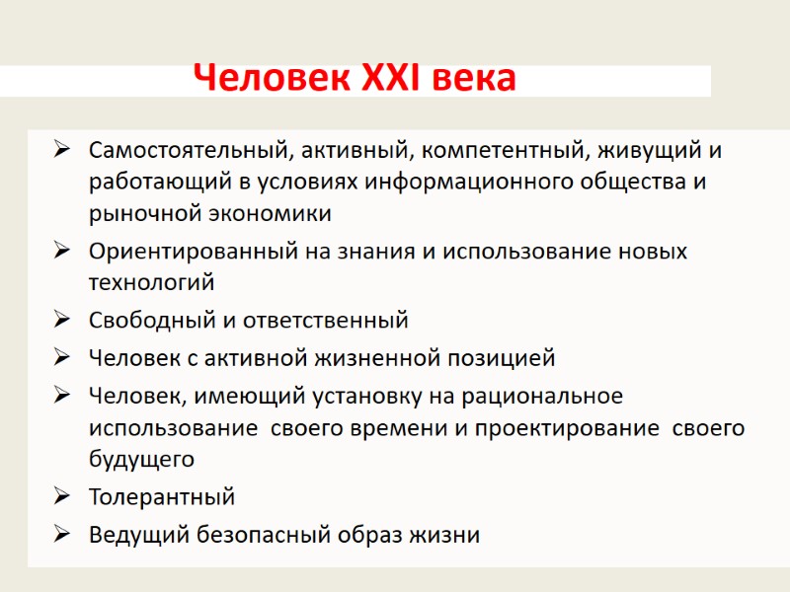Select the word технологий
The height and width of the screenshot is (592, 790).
pyautogui.click(x=151, y=282)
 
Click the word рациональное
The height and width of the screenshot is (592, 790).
pyautogui.click(x=549, y=397)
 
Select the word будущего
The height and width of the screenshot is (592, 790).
pyautogui.click(x=141, y=459)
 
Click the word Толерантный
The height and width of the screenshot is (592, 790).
pyautogui.click(x=162, y=496)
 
